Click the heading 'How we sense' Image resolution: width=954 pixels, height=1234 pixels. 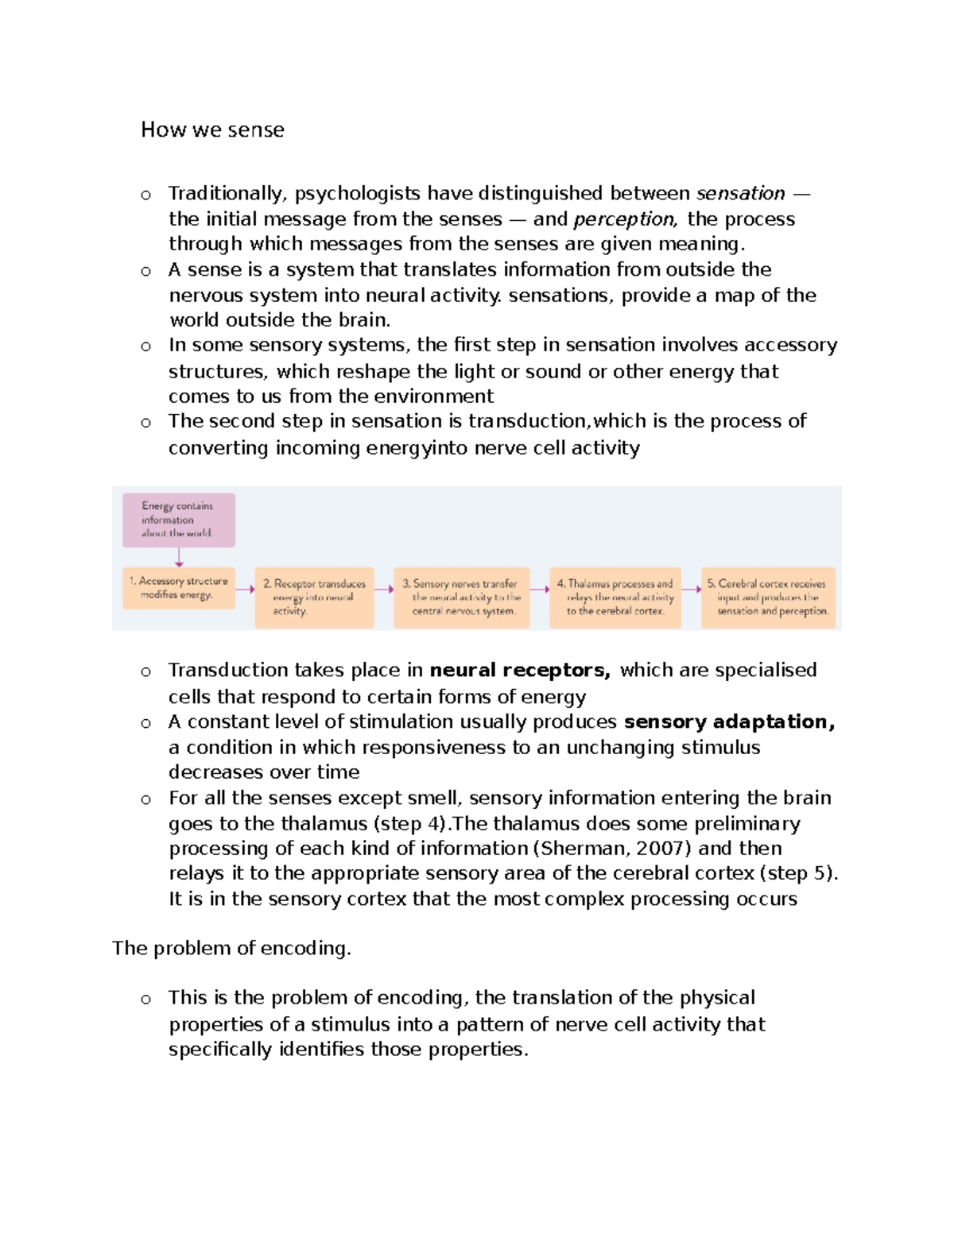coord(212,130)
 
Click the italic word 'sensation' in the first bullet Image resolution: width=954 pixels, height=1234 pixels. coord(740,193)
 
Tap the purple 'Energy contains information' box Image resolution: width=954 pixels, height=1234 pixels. coord(178,520)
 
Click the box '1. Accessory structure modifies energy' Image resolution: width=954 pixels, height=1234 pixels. coord(178,588)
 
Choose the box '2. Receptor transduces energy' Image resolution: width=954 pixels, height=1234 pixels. coord(314,597)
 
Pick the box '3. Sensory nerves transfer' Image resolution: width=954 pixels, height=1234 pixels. coord(462,597)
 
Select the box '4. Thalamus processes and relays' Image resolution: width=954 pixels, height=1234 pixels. coord(615,597)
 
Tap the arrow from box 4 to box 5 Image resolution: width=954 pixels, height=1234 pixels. coord(691,589)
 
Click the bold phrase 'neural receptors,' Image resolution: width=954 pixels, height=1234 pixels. coord(520,670)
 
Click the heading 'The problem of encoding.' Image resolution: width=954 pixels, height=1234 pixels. coord(231,948)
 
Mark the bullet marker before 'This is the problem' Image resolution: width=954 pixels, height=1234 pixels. coord(145,1000)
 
